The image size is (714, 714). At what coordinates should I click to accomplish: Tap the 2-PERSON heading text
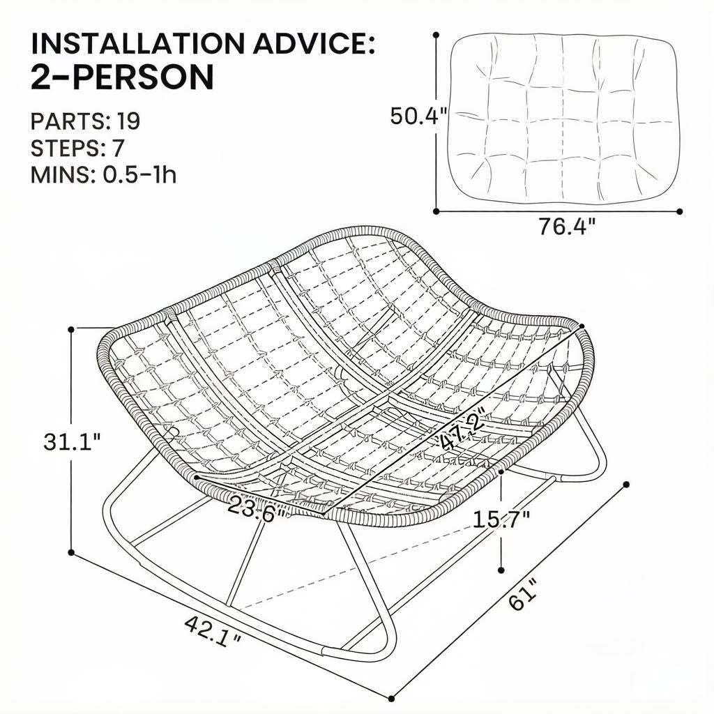[122, 77]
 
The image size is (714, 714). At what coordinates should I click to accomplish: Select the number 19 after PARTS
[128, 121]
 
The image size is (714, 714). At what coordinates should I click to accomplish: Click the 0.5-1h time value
[139, 174]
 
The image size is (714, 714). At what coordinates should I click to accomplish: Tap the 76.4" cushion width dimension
[567, 227]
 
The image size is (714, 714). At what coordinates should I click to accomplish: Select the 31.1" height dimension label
[72, 441]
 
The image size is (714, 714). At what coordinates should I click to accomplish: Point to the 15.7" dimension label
[501, 519]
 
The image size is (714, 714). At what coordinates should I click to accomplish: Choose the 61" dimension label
[524, 593]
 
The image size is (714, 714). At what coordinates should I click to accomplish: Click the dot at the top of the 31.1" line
[71, 329]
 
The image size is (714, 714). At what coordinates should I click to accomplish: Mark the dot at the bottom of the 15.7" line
[501, 570]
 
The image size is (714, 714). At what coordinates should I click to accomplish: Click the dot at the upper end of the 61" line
[626, 485]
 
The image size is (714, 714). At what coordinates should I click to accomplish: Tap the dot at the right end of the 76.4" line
[679, 211]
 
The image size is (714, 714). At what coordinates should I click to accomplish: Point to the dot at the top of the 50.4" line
[436, 35]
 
